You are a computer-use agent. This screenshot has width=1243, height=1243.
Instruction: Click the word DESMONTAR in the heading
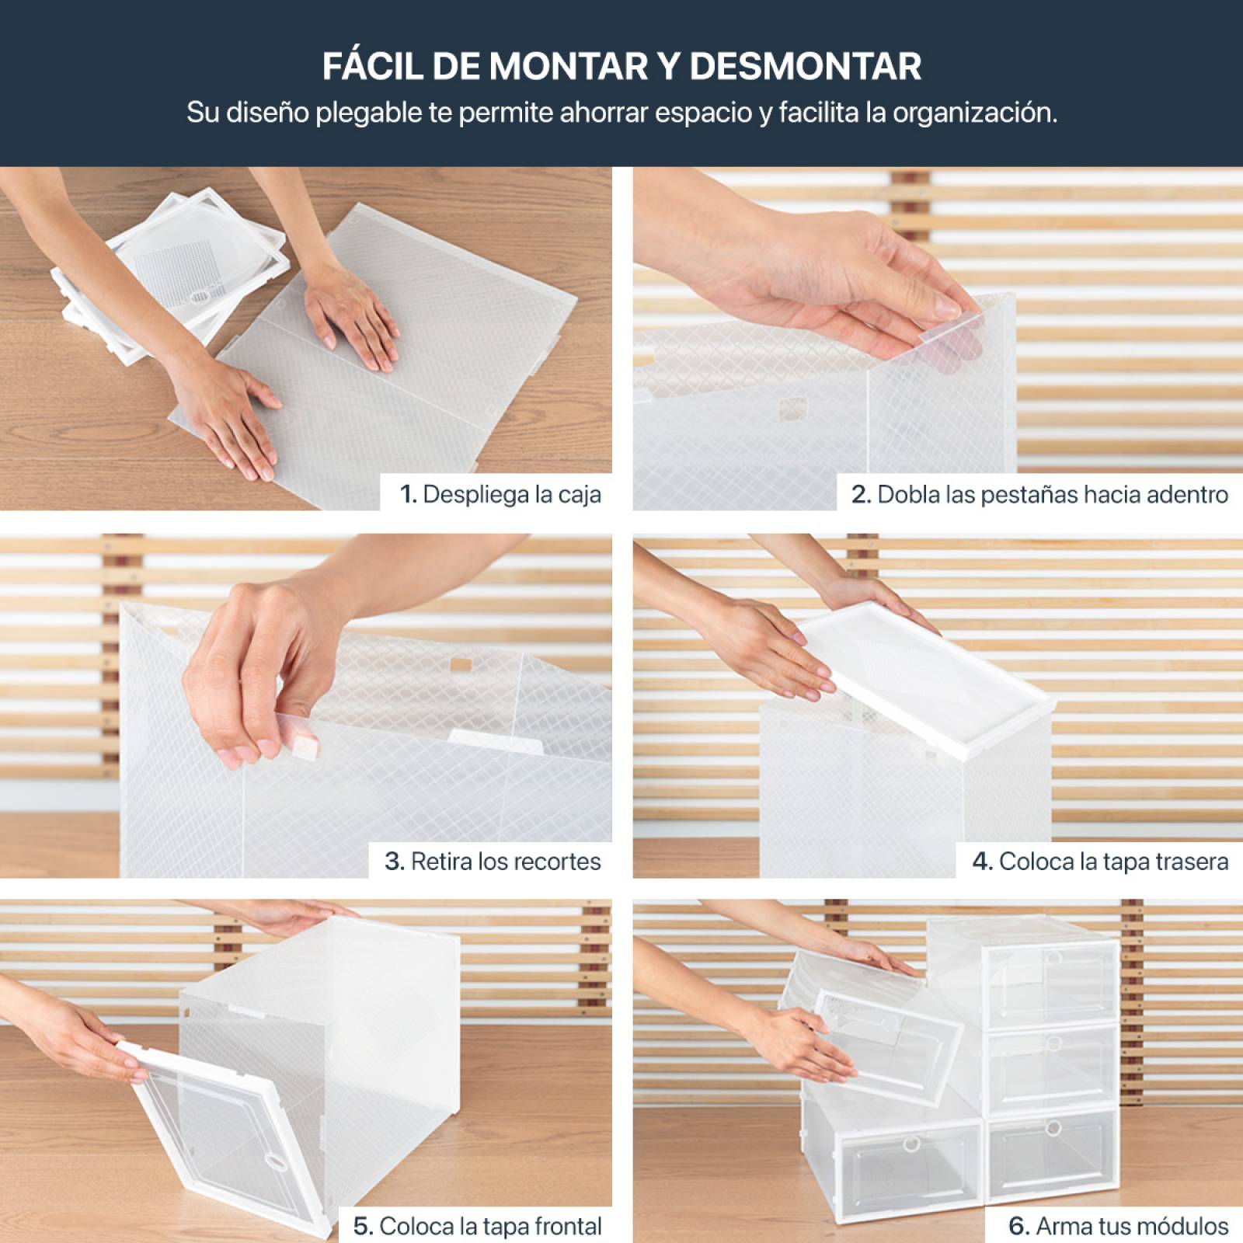point(805,66)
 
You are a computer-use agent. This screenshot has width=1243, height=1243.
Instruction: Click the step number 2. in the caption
point(861,494)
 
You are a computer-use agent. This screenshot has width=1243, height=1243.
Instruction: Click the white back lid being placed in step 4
point(924,676)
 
